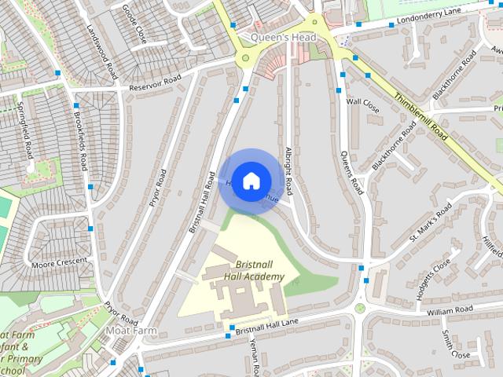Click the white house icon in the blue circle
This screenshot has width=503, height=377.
[250, 181]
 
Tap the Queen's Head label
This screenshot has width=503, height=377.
[284, 38]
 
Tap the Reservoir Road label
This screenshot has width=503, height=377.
[156, 82]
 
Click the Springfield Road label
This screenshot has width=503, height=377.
[24, 129]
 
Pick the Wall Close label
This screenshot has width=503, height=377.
[363, 105]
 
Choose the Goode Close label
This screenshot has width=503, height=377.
[134, 23]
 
